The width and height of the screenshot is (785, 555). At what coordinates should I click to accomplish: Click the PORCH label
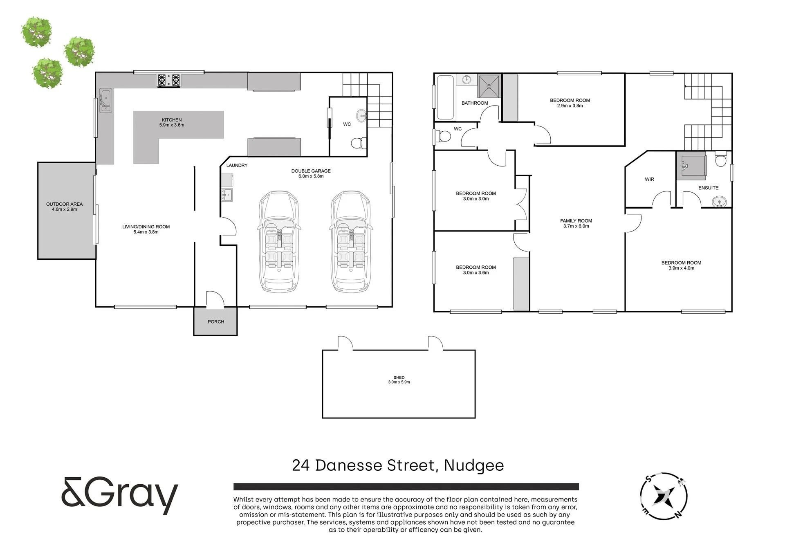[x=216, y=322]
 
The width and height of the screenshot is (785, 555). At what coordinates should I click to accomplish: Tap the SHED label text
[x=399, y=377]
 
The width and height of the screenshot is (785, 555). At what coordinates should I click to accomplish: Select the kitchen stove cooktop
[x=169, y=80]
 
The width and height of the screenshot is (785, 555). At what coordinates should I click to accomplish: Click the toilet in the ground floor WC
[x=359, y=143]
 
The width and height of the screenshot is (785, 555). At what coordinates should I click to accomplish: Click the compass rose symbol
[x=663, y=496]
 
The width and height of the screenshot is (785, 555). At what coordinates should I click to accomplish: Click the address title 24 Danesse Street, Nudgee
[x=398, y=465]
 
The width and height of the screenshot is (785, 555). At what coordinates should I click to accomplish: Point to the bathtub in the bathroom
[x=445, y=97]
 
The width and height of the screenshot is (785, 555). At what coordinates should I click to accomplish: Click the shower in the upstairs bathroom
[x=489, y=86]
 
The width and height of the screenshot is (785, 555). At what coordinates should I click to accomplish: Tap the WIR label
[x=649, y=180]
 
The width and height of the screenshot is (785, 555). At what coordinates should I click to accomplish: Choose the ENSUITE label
[x=708, y=188]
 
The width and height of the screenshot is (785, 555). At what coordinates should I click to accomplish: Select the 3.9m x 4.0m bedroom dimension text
[x=681, y=268]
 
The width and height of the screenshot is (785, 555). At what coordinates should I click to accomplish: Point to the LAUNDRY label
[x=237, y=166]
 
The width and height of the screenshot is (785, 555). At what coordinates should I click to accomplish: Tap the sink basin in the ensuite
[x=719, y=202]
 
